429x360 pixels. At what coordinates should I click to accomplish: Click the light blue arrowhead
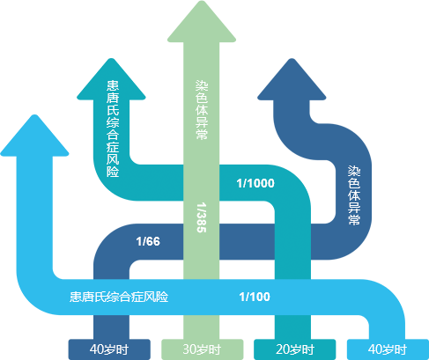(x=34, y=136)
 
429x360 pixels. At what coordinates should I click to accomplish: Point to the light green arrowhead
(x=202, y=22)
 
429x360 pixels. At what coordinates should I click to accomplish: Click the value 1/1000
(x=255, y=183)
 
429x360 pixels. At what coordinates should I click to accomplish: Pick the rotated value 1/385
(x=202, y=217)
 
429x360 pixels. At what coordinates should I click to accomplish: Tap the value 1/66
(x=148, y=241)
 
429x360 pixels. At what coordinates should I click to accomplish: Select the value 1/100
(x=255, y=297)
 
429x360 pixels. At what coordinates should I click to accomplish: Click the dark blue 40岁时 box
(x=109, y=349)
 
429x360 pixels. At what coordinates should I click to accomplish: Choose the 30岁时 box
(x=203, y=349)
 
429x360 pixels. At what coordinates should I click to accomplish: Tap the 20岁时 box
(x=295, y=349)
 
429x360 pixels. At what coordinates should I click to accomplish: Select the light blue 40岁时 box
(x=388, y=349)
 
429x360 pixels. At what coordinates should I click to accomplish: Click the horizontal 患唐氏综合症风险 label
(x=119, y=297)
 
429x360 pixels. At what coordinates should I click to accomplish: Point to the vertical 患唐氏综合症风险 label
(x=113, y=129)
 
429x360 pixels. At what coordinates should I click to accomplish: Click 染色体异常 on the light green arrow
(x=202, y=110)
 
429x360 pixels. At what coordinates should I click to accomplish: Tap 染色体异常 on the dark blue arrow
(x=354, y=195)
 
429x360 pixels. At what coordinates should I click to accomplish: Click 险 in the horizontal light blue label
(x=162, y=297)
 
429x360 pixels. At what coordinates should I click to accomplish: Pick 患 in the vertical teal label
(x=113, y=86)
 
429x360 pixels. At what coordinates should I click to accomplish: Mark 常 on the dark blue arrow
(x=354, y=219)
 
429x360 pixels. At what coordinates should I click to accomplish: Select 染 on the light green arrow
(x=202, y=85)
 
